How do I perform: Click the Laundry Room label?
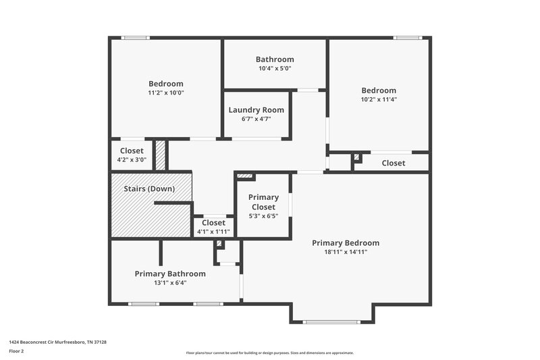256,110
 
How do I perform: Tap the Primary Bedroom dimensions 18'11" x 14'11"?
345,252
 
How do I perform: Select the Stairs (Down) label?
142,188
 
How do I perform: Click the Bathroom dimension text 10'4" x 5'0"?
275,68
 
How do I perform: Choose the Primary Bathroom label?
170,274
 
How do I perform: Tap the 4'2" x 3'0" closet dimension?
132,159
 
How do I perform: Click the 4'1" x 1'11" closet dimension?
213,232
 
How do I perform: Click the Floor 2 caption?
16,351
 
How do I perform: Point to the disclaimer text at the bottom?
269,353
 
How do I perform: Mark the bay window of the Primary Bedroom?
331,322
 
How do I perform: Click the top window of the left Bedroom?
135,38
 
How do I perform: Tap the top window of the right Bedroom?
407,38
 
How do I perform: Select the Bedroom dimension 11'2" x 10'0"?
166,93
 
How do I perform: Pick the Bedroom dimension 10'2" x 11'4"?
379,99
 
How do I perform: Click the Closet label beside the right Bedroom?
394,163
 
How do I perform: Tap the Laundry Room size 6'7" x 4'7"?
256,119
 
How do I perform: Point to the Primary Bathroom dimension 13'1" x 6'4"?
170,283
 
